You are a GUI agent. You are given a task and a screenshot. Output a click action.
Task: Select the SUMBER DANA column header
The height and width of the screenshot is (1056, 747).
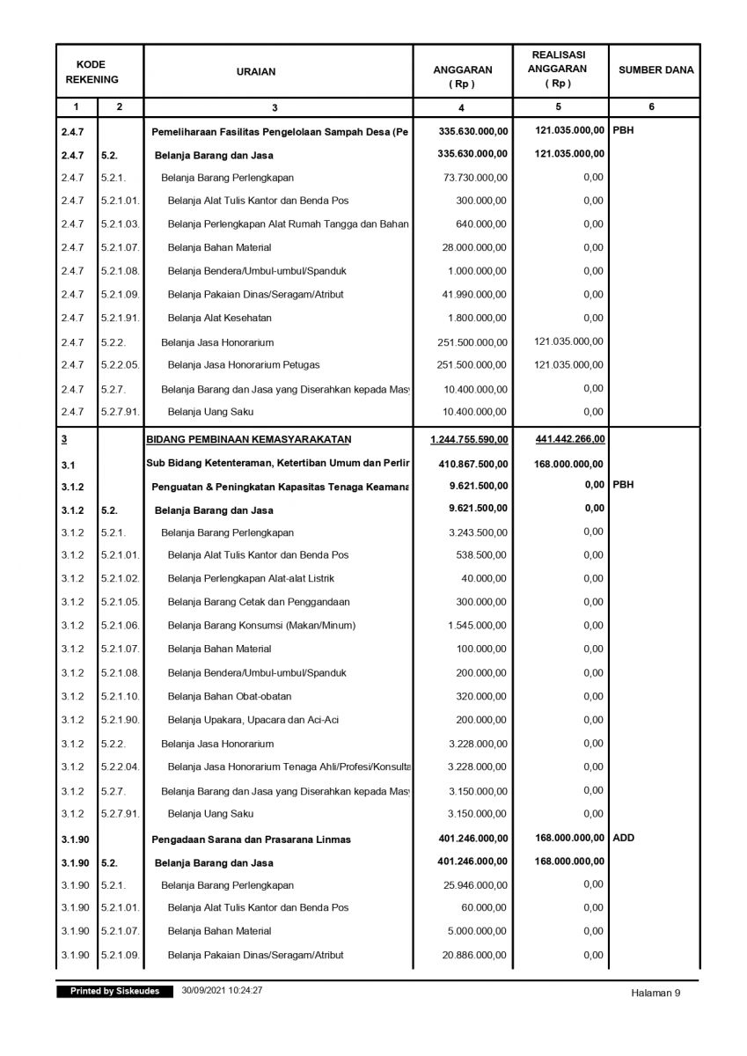pyautogui.click(x=655, y=71)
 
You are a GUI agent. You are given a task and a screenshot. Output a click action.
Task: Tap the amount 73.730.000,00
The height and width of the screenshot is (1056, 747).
pyautogui.click(x=474, y=177)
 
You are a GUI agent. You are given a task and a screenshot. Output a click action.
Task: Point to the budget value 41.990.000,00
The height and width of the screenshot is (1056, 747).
pyautogui.click(x=474, y=294)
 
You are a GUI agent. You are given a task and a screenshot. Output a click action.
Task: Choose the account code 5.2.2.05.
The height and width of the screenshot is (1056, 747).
pyautogui.click(x=120, y=364)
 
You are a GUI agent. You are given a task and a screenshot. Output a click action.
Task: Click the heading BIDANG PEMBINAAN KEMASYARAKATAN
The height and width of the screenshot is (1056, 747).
pyautogui.click(x=250, y=438)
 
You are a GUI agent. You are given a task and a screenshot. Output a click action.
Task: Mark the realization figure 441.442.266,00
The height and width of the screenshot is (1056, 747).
pyautogui.click(x=569, y=438)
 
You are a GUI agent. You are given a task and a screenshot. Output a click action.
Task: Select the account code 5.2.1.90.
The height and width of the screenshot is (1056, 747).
pyautogui.click(x=120, y=720)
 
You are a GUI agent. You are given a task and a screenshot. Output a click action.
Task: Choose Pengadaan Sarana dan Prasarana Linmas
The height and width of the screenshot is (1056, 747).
pyautogui.click(x=252, y=840)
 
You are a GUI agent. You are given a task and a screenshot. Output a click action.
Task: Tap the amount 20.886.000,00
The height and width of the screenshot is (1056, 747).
pyautogui.click(x=474, y=955)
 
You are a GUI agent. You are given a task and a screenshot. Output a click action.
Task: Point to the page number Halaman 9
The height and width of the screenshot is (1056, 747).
pyautogui.click(x=655, y=994)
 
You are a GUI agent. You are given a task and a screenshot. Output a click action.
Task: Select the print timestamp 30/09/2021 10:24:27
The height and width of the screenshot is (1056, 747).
pyautogui.click(x=223, y=991)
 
